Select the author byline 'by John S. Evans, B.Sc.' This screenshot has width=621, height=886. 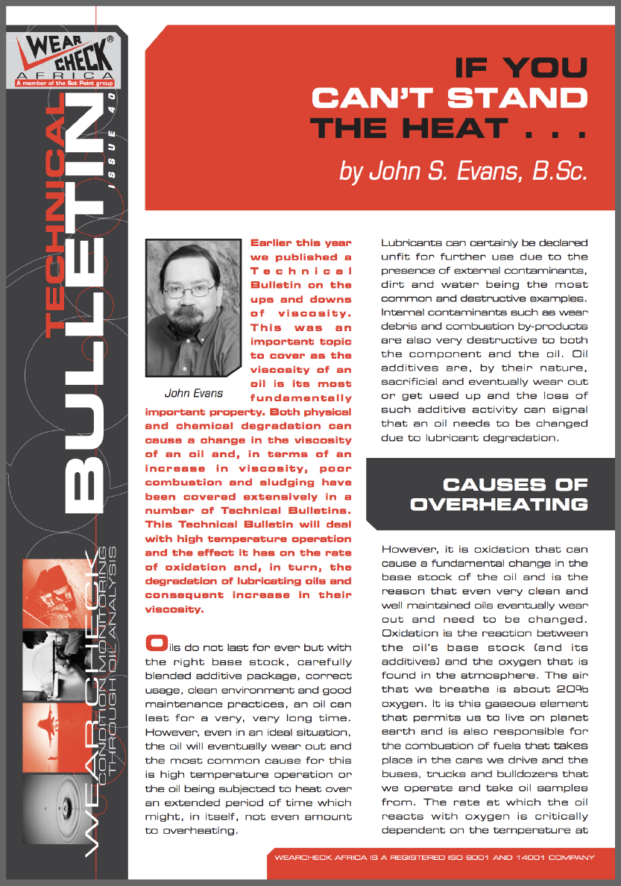(x=464, y=171)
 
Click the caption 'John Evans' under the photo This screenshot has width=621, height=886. (x=192, y=392)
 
